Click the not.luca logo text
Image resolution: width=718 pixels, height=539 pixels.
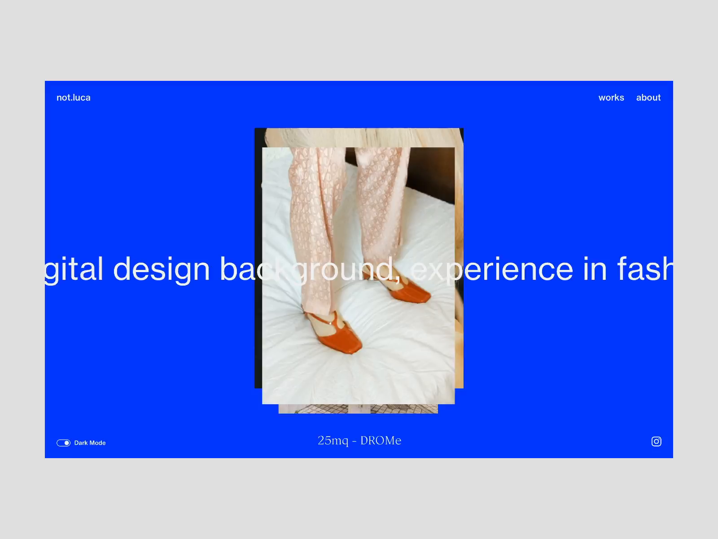(x=74, y=97)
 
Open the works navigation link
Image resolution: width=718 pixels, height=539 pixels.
(x=611, y=97)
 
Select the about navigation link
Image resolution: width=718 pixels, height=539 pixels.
(x=648, y=97)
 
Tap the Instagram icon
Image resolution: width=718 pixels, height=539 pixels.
(x=656, y=442)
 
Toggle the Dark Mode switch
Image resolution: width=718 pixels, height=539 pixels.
(x=63, y=443)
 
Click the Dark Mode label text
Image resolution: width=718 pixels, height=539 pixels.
(x=90, y=443)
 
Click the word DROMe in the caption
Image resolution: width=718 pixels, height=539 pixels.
(x=381, y=441)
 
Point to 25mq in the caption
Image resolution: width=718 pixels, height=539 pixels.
(x=333, y=441)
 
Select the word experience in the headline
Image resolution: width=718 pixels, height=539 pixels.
(x=491, y=269)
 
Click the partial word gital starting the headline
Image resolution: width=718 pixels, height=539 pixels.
(x=74, y=269)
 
